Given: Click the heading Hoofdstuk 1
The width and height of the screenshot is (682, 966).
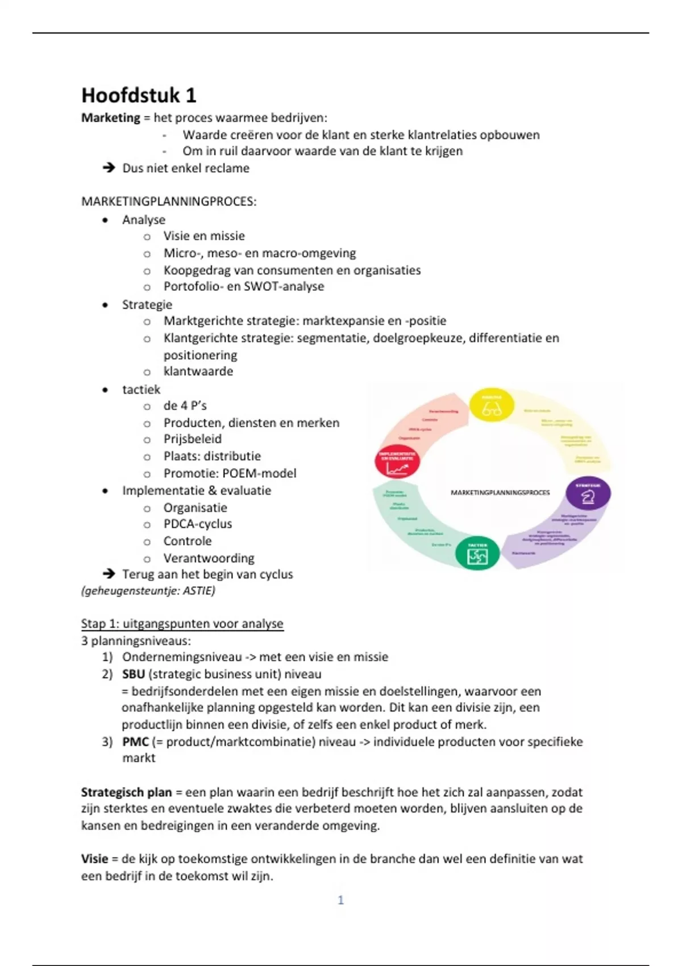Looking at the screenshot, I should click(x=139, y=95).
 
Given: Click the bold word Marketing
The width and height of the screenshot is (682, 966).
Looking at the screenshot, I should click(x=110, y=118).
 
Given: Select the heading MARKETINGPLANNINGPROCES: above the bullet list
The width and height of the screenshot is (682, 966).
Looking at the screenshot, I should click(x=169, y=202).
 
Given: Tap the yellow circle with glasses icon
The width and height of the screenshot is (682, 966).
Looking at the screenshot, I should click(x=492, y=406).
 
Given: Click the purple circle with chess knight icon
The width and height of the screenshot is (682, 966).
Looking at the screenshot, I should click(x=588, y=493).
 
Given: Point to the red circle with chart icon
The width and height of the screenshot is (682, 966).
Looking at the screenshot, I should click(x=397, y=461).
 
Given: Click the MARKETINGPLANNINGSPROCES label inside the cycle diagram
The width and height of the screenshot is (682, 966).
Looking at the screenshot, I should click(x=500, y=493).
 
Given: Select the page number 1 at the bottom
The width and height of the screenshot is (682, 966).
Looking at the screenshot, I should click(x=341, y=900).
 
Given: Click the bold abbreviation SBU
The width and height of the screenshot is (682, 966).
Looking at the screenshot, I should click(x=134, y=674).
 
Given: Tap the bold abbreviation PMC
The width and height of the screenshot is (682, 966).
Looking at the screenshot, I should click(x=135, y=742).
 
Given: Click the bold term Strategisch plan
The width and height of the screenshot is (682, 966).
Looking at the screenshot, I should click(x=126, y=792).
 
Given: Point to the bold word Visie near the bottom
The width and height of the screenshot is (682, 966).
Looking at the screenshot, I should click(x=94, y=859).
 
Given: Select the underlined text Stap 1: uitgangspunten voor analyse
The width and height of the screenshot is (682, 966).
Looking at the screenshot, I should click(x=182, y=624).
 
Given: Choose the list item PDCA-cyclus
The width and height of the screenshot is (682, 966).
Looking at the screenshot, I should click(x=198, y=524).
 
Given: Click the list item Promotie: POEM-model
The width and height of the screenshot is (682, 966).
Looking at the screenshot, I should click(x=230, y=473).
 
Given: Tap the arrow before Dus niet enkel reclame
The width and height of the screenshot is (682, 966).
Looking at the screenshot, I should click(x=108, y=168).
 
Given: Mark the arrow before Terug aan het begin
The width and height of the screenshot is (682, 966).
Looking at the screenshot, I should click(x=108, y=574).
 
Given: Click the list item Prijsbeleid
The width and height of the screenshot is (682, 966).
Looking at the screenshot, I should click(x=193, y=439).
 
